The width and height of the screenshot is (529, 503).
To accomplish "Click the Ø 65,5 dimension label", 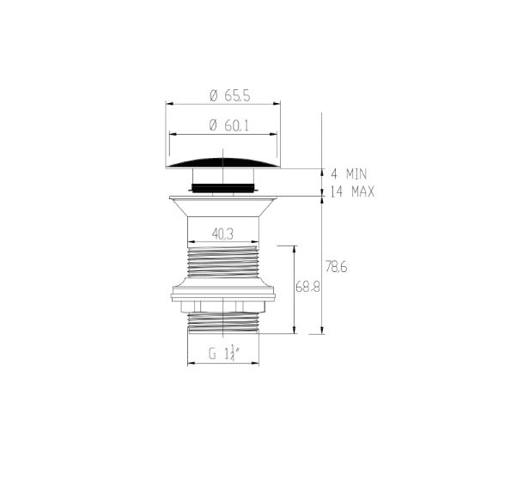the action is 230,96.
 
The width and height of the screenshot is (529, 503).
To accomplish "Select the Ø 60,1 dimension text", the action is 229,125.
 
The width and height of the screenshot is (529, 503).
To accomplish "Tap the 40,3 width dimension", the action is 222,233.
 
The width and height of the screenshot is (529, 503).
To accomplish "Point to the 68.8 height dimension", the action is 307,288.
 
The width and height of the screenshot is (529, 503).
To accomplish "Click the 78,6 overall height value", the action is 336,267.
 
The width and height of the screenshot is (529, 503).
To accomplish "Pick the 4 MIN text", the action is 349,174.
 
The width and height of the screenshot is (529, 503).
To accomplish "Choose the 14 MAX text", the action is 352,191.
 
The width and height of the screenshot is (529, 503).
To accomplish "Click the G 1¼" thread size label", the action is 224,354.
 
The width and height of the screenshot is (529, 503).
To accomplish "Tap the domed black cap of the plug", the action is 223,163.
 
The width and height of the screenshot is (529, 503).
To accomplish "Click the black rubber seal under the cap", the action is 223,187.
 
